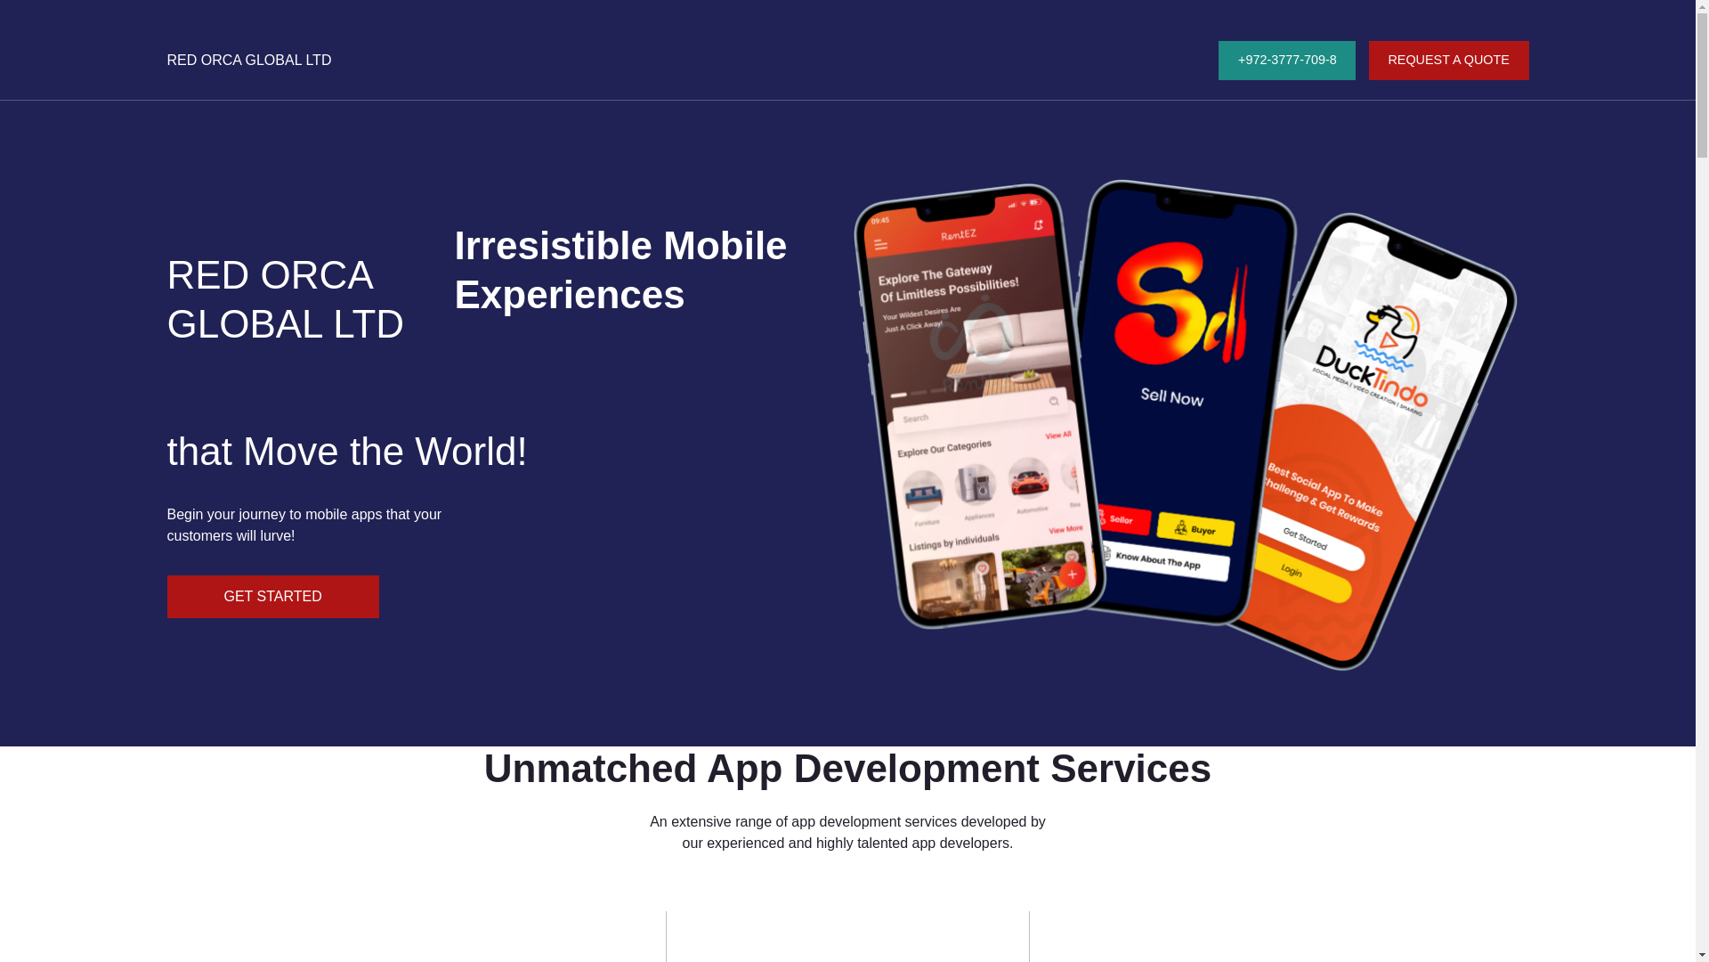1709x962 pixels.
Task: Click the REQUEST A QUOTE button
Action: pos(1447,61)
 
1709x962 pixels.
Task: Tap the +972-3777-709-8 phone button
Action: pos(1286,61)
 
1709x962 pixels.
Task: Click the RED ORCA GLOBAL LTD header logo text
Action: pos(248,61)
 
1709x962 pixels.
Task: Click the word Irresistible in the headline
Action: pos(553,246)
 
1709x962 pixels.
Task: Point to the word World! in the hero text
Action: pos(471,452)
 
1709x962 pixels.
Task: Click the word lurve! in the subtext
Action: pos(277,536)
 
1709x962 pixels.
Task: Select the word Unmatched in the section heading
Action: pos(589,769)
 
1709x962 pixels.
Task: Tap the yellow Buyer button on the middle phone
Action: pos(1195,529)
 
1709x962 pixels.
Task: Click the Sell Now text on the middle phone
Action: pos(1171,396)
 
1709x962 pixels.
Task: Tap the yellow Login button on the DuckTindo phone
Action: pos(1291,570)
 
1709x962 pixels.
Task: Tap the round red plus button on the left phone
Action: pos(1072,575)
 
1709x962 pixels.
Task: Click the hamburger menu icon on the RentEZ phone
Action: pos(880,245)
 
